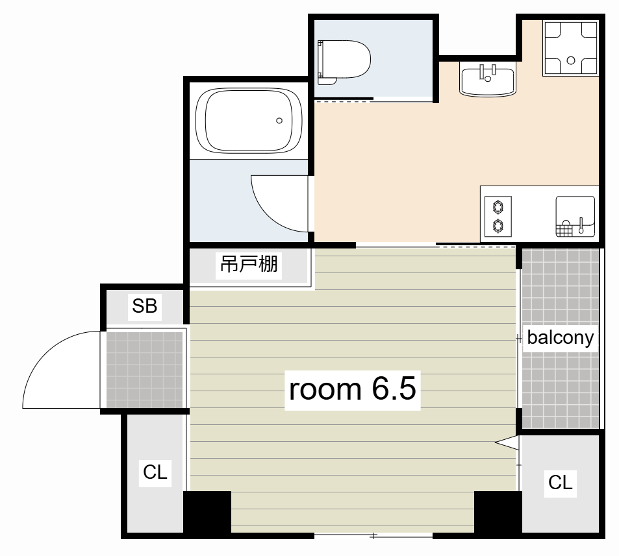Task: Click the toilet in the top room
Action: click(344, 62)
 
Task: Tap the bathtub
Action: click(249, 120)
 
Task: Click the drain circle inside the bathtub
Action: click(279, 121)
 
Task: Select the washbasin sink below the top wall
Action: click(488, 80)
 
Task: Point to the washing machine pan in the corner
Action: click(570, 48)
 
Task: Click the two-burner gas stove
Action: click(498, 216)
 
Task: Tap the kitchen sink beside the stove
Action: click(575, 217)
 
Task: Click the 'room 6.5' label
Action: click(353, 389)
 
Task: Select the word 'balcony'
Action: click(560, 337)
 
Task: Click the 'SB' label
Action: click(144, 306)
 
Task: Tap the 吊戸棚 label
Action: click(249, 264)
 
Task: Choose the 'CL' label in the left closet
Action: click(155, 472)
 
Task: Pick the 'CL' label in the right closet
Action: click(560, 482)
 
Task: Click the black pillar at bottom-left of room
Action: click(207, 513)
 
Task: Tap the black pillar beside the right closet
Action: click(498, 513)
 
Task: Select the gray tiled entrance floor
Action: click(144, 370)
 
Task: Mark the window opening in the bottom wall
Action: click(373, 535)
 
